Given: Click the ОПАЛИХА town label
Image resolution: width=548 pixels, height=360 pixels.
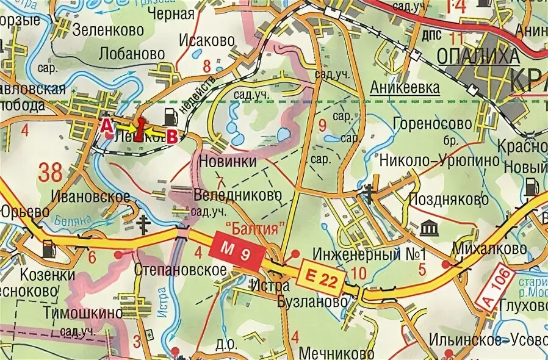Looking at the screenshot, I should coord(478,56).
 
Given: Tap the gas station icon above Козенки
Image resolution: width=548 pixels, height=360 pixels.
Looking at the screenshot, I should coord(48,247).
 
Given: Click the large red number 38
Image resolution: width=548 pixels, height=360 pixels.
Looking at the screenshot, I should coord(50,173).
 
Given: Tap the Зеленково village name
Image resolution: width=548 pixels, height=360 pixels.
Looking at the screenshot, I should coord(107,29).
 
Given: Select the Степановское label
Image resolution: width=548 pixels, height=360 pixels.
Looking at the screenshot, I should coord(172,268).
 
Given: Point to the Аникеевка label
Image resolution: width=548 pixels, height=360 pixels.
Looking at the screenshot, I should coord(405,87).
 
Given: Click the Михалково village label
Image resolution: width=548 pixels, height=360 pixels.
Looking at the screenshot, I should coord(489,248).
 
